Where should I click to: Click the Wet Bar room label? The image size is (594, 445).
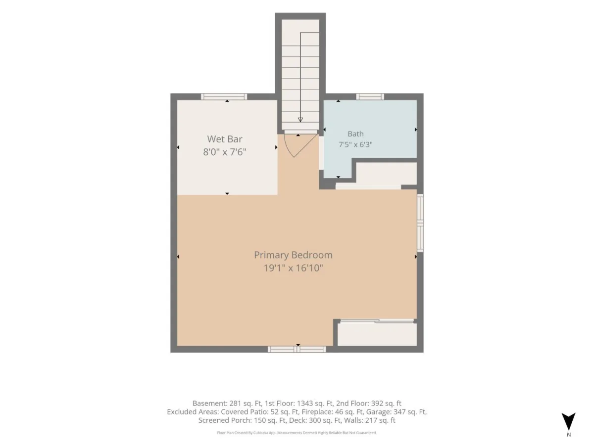pos(225,139)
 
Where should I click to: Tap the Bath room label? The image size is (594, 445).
pos(355,133)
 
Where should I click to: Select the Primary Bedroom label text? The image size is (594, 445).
pos(293,255)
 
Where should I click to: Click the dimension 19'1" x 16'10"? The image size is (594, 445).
pos(293,268)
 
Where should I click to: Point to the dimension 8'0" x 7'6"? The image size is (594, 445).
pos(225,152)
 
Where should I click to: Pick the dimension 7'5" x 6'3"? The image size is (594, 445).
pos(355,144)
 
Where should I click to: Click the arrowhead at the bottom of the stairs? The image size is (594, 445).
pos(300,120)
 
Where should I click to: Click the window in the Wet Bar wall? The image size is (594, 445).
pos(224,97)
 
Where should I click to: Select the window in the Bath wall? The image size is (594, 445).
pos(370,97)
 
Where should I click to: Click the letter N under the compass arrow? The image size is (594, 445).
pos(569,435)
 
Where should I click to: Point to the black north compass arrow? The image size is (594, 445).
pos(568,421)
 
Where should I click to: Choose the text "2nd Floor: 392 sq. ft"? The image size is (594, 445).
pos(369,403)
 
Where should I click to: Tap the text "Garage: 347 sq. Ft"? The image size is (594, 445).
pos(396,412)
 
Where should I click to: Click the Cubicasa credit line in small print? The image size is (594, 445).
pos(297,433)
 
